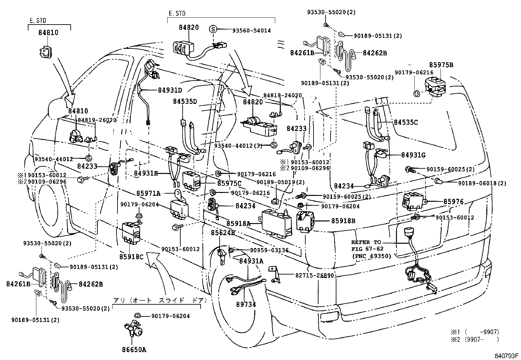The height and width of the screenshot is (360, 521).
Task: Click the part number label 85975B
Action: click(442, 65)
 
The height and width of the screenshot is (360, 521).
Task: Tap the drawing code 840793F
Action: click(506, 356)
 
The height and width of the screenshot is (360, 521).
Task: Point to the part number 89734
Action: click(246, 304)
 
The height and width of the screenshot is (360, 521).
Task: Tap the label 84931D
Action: click(170, 90)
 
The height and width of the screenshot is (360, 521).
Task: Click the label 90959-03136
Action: click(269, 250)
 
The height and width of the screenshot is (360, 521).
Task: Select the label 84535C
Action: click(406, 123)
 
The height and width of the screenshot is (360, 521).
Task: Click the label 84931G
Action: click(413, 155)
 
